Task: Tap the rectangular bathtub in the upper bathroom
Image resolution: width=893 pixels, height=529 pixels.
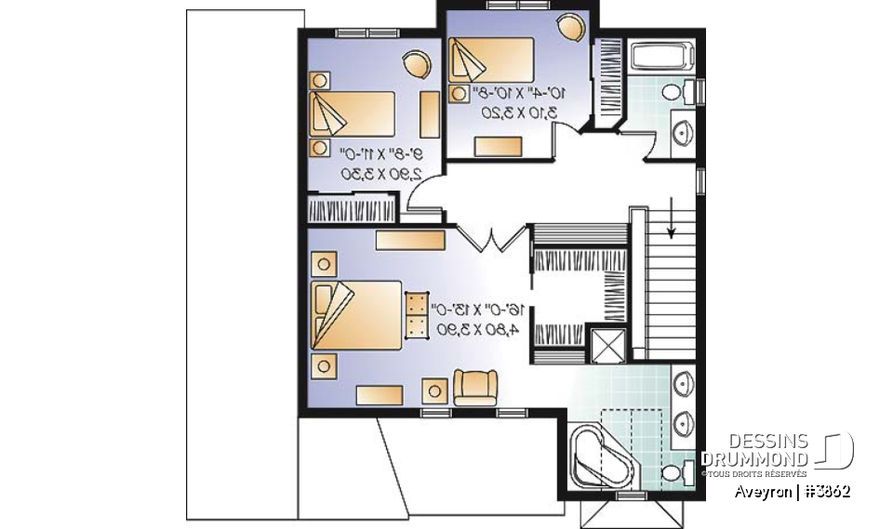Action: [659, 58]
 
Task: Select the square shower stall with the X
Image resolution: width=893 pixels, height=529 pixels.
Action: [610, 346]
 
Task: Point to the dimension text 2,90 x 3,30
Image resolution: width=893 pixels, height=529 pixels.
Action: [381, 174]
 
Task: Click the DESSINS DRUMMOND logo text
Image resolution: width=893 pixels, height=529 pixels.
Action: [755, 450]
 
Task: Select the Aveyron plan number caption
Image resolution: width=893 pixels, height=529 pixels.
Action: [791, 492]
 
